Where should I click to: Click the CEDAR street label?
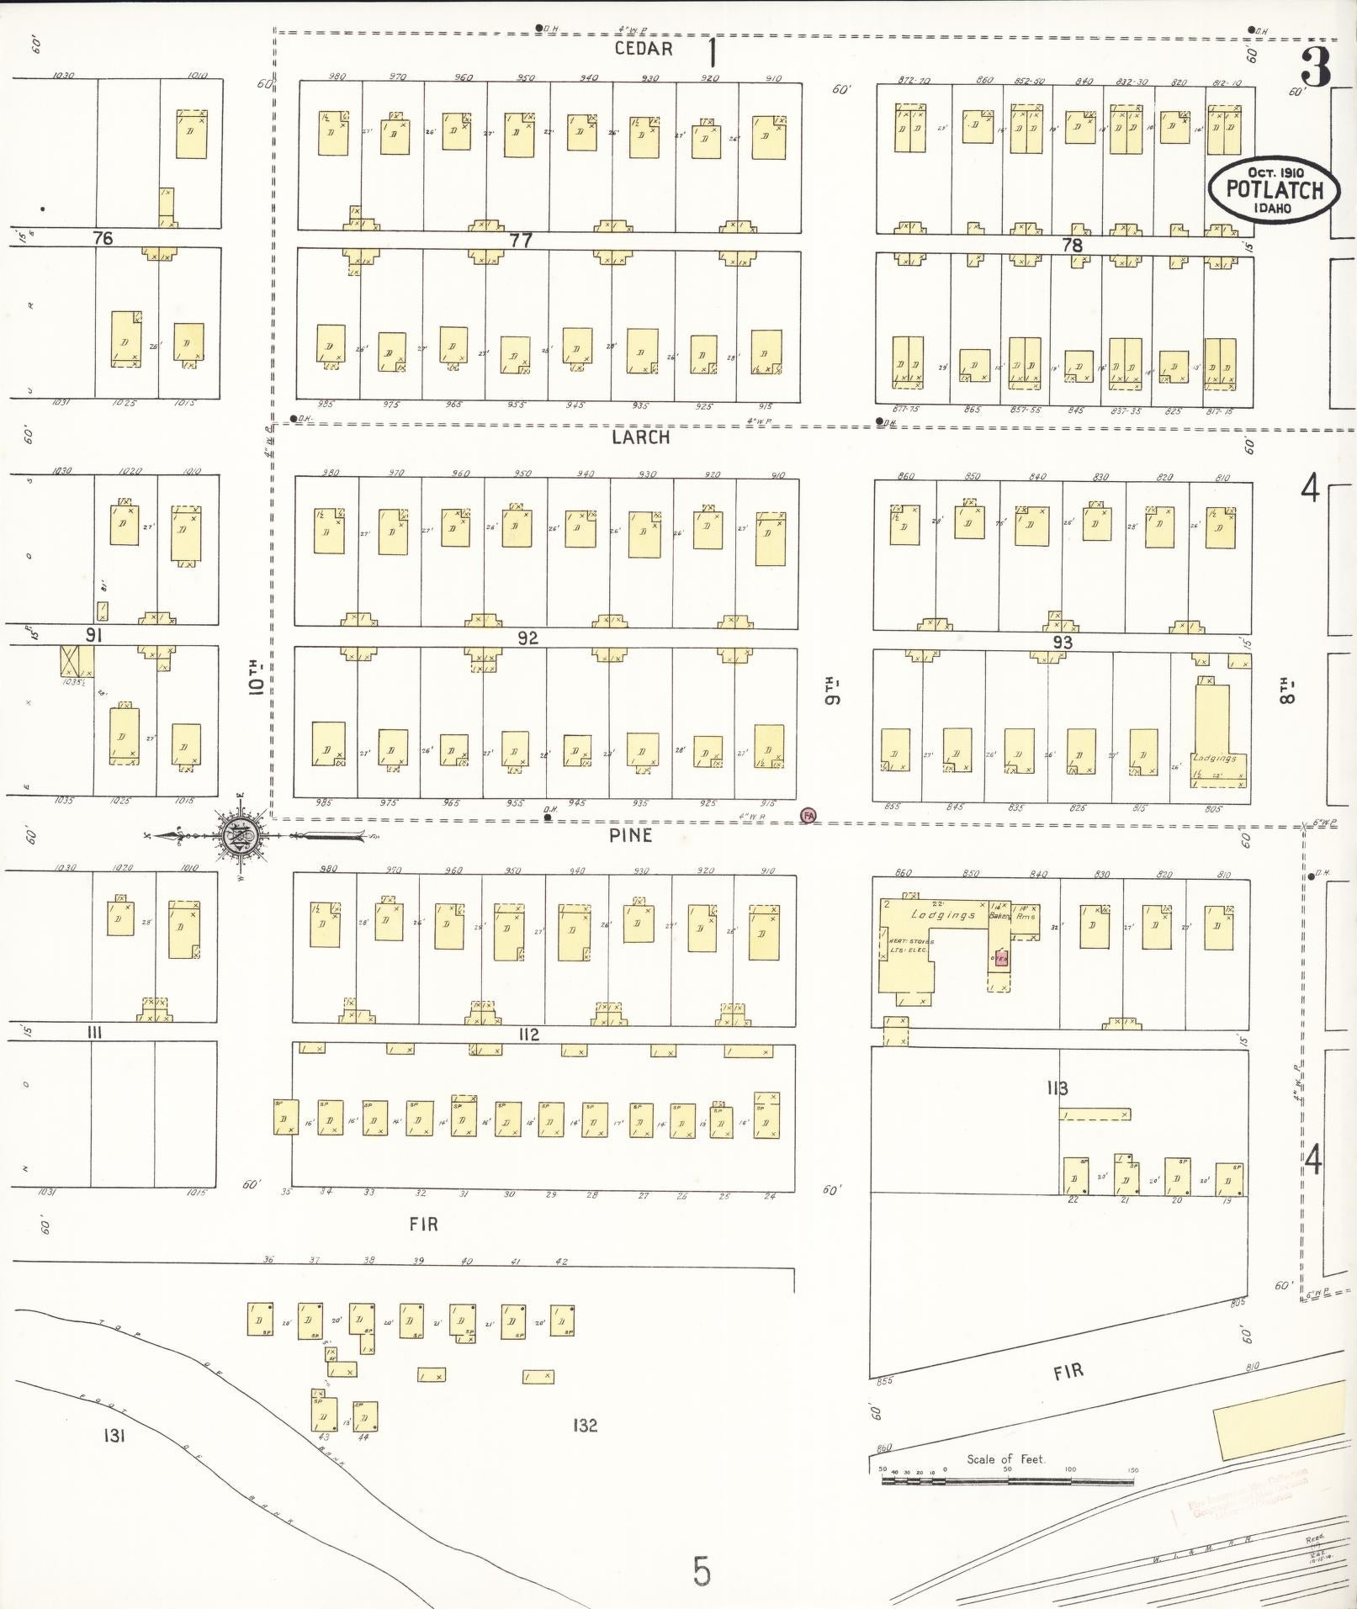tap(644, 49)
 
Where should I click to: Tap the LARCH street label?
tap(641, 437)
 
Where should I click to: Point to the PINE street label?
tap(631, 835)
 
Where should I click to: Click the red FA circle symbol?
tap(808, 815)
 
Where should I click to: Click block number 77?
tap(521, 241)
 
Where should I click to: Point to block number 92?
tap(527, 638)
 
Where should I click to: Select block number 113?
tap(1058, 1088)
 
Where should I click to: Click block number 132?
tap(585, 1426)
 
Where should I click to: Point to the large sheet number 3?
tap(1317, 67)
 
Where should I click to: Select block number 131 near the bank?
tap(114, 1435)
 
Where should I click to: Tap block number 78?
tap(1072, 246)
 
